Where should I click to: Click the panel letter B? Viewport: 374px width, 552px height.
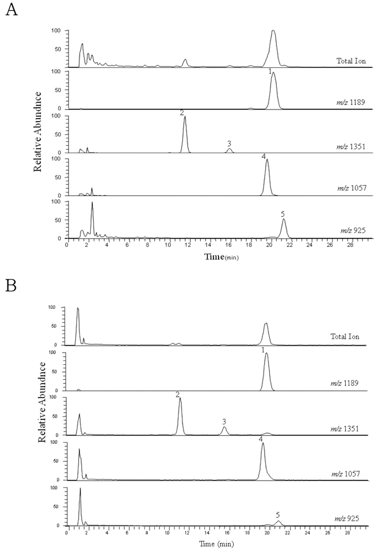10,287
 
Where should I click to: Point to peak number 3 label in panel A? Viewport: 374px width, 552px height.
229,143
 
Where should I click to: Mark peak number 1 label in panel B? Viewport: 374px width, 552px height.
263,350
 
